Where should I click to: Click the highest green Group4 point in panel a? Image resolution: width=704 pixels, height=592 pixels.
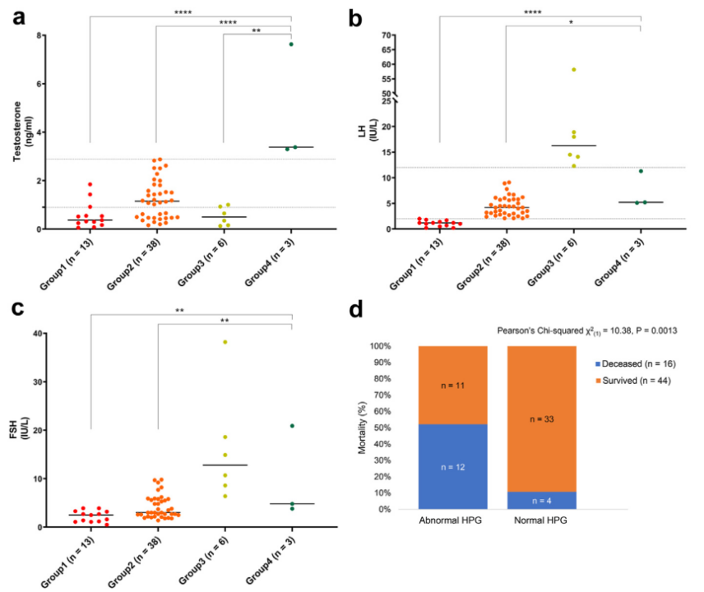click(x=291, y=44)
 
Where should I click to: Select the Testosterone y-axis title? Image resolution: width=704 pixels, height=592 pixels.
click(x=18, y=132)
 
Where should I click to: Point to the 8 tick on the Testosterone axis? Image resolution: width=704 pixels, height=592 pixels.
click(x=39, y=36)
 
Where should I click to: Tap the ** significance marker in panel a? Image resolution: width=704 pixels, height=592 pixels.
click(x=257, y=30)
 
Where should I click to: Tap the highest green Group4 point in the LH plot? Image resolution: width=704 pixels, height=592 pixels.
click(x=641, y=171)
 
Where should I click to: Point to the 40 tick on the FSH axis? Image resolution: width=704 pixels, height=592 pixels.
click(x=35, y=334)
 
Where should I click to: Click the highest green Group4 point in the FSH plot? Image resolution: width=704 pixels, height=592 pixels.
click(x=292, y=426)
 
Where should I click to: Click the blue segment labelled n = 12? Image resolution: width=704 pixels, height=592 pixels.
click(x=452, y=466)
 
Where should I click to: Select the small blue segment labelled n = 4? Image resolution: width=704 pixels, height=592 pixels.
click(x=541, y=501)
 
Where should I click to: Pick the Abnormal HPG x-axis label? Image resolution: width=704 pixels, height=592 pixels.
click(x=452, y=522)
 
